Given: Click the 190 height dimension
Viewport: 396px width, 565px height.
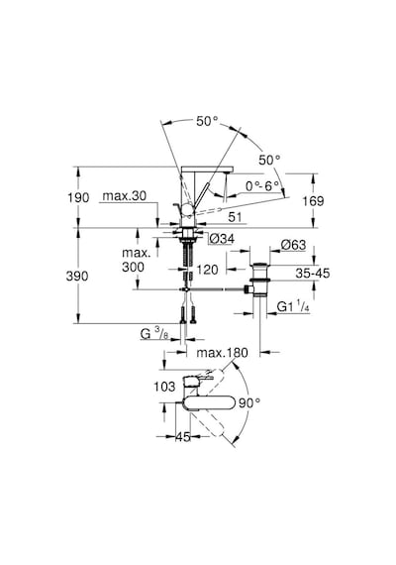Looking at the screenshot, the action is [x=78, y=197].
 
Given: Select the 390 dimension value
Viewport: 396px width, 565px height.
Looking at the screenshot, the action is [x=77, y=276].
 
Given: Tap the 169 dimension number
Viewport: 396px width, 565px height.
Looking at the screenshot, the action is [x=313, y=200].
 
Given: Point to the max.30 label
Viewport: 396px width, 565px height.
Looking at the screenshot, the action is [x=125, y=196].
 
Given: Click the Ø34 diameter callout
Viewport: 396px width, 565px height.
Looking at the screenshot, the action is [x=222, y=238].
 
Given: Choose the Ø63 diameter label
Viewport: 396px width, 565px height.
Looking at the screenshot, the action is [x=293, y=245].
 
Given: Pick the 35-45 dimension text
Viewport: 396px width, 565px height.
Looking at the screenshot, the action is [x=313, y=274].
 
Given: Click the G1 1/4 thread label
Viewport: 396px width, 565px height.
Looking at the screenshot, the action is [x=293, y=306].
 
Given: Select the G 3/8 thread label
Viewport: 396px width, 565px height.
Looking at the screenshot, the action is [x=154, y=334].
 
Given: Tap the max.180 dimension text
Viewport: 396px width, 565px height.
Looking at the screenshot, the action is [x=222, y=353].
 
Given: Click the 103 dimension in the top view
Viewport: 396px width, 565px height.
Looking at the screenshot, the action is [x=164, y=387].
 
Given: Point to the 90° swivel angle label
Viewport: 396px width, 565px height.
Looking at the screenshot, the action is [x=249, y=402].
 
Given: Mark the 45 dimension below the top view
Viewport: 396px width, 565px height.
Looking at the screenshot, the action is [x=183, y=437].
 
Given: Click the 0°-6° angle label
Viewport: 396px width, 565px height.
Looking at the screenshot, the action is [x=262, y=186].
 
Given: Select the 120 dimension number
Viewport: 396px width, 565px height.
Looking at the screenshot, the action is [x=208, y=270].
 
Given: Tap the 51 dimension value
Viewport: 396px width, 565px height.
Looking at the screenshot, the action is [x=235, y=217].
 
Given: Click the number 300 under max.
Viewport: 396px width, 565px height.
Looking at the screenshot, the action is [x=133, y=267].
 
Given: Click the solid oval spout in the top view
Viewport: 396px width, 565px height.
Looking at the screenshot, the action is [x=210, y=403].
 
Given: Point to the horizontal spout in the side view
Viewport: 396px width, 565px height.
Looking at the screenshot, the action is [x=208, y=169].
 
